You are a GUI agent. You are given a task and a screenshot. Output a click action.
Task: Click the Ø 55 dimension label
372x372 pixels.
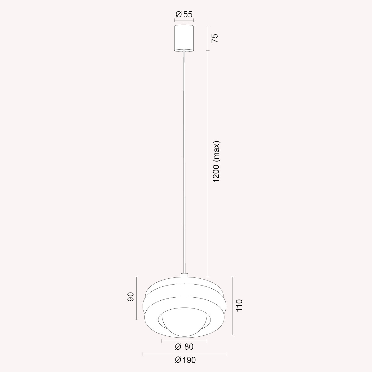point(184,15)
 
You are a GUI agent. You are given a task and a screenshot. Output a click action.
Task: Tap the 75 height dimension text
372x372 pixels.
point(215,38)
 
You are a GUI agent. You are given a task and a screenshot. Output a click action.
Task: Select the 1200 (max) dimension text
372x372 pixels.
point(216,162)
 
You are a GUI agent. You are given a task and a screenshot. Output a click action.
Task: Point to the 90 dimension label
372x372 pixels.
point(131,297)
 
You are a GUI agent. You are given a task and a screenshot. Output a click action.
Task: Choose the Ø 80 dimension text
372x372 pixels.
point(184,347)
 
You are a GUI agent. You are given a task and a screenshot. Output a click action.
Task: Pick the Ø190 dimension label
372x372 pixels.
point(185,360)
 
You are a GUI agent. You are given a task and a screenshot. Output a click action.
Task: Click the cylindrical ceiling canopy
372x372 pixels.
point(184,38)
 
